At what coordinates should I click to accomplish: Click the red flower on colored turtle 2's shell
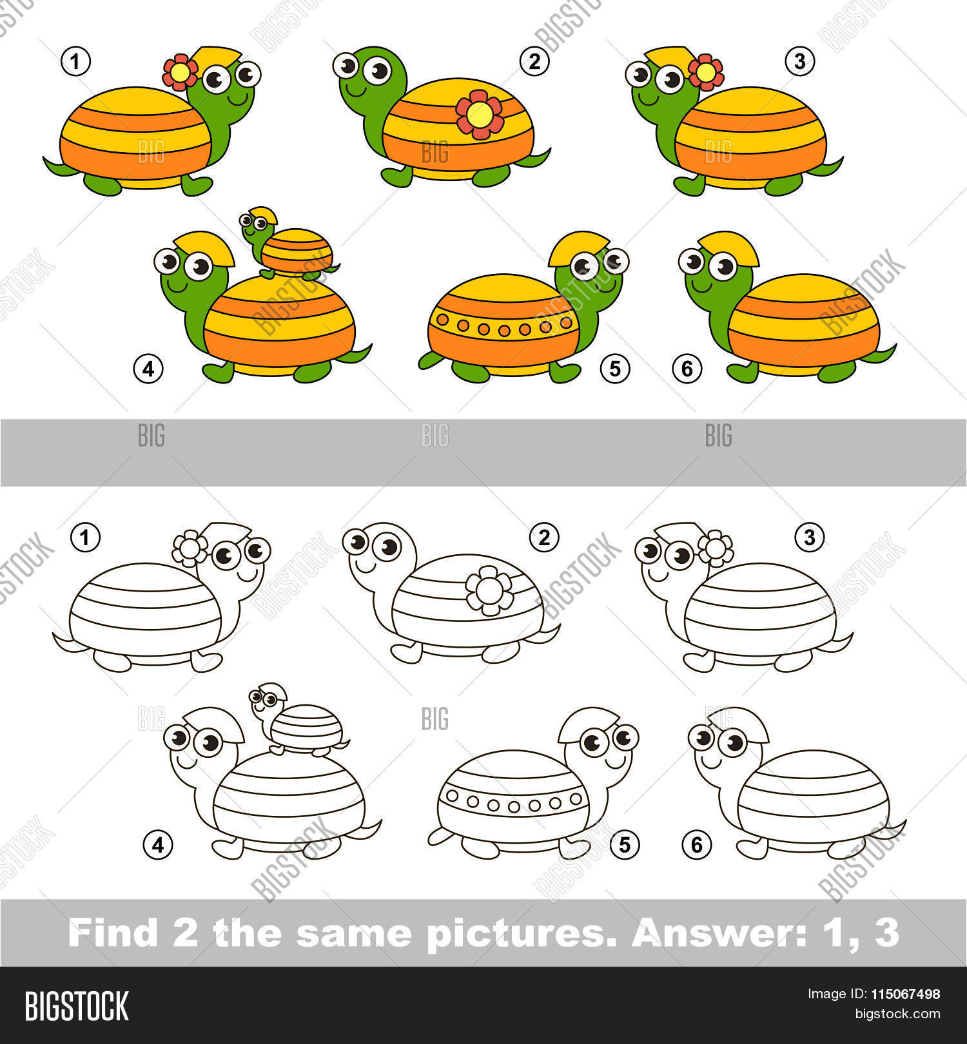pos(480,115)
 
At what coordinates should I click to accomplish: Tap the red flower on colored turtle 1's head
pos(180,72)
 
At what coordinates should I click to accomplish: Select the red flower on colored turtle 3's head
pos(706,72)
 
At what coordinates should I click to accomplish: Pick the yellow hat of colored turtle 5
pos(578,248)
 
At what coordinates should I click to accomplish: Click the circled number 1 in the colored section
pos(76,62)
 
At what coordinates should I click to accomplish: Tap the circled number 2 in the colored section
pos(534,62)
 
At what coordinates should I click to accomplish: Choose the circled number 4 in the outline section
pos(158,844)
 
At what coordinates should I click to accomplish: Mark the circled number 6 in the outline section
pos(696,844)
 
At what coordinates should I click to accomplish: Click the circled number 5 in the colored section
pos(614,369)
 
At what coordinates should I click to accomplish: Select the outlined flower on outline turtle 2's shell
pos(489,590)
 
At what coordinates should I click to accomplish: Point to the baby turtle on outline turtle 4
pos(298,720)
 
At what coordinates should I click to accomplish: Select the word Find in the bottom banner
pos(113,933)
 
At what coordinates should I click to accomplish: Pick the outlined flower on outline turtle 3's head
pos(716,548)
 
